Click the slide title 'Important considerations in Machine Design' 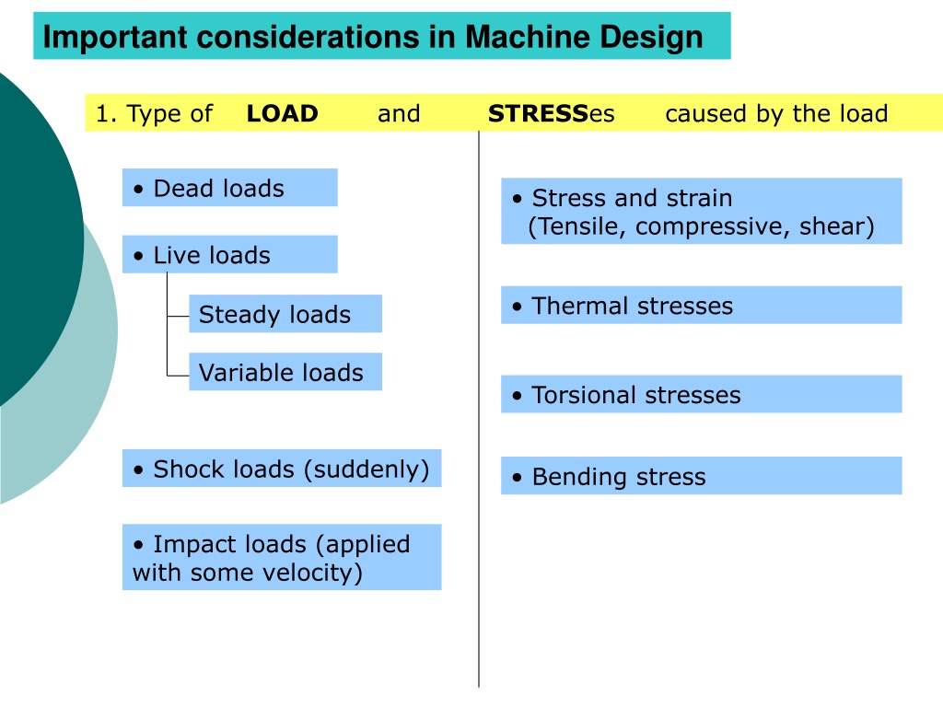click(373, 37)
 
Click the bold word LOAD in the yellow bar click(282, 113)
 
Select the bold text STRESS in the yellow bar click(538, 113)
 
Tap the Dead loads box click(229, 188)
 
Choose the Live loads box click(229, 254)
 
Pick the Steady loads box click(285, 313)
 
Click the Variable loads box click(285, 372)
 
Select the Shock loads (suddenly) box click(282, 468)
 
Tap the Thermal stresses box click(701, 305)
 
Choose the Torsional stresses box click(701, 394)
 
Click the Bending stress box click(701, 476)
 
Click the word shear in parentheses click(832, 226)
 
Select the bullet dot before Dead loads click(139, 190)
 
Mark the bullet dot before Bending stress click(518, 478)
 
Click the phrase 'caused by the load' click(776, 113)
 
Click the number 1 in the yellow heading click(102, 113)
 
